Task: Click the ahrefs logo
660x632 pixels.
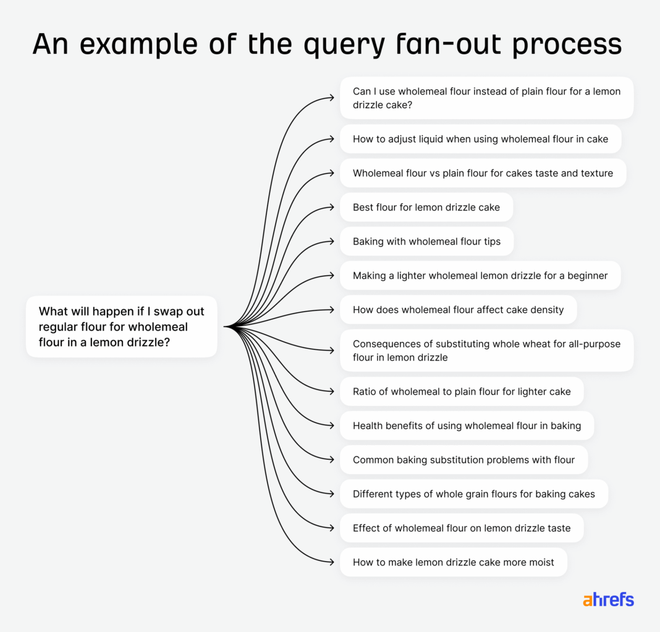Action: [608, 599]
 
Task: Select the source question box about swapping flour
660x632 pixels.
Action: [121, 326]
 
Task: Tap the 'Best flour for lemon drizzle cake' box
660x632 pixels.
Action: [426, 207]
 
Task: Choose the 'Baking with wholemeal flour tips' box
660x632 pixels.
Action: [426, 241]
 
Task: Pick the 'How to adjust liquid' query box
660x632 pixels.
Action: [480, 139]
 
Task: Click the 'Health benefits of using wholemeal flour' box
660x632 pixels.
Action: [467, 425]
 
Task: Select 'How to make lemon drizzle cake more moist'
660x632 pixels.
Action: [453, 562]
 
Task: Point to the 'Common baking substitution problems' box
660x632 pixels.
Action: [463, 459]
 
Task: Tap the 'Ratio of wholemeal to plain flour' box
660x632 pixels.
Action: [462, 391]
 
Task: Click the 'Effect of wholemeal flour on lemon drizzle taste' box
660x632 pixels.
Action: [462, 528]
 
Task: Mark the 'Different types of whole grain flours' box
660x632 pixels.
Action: [473, 494]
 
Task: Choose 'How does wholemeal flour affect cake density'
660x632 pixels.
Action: [458, 309]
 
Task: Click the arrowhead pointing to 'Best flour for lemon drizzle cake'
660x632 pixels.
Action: [332, 207]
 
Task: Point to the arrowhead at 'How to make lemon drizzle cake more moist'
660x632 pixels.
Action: [332, 562]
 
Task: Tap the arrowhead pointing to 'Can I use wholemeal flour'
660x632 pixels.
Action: [332, 98]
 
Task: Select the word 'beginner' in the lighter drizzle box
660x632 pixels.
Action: [586, 275]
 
